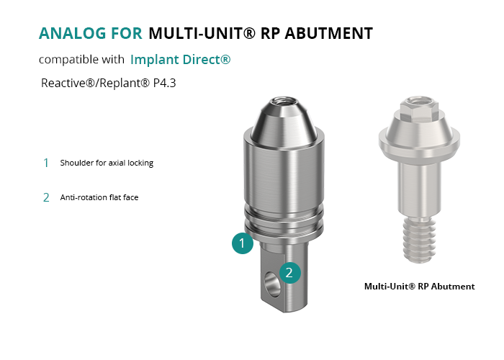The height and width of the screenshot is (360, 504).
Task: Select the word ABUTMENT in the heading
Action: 328,33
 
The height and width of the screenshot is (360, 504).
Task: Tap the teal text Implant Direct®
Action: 180,60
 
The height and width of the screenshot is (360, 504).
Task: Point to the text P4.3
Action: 165,83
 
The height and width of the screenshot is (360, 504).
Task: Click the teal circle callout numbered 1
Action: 243,243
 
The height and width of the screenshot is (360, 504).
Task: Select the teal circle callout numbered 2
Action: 290,273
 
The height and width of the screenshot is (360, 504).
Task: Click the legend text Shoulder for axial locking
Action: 107,163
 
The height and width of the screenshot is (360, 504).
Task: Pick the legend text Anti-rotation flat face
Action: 99,197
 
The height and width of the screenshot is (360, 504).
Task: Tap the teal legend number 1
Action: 46,163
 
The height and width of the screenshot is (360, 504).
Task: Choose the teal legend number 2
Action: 46,197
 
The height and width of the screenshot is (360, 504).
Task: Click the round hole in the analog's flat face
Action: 272,284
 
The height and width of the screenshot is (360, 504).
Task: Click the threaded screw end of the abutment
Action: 419,240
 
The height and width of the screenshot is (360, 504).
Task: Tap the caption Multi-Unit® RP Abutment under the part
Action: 420,287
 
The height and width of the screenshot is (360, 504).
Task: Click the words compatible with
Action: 81,60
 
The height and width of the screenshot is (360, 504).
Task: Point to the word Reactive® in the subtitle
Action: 68,83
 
